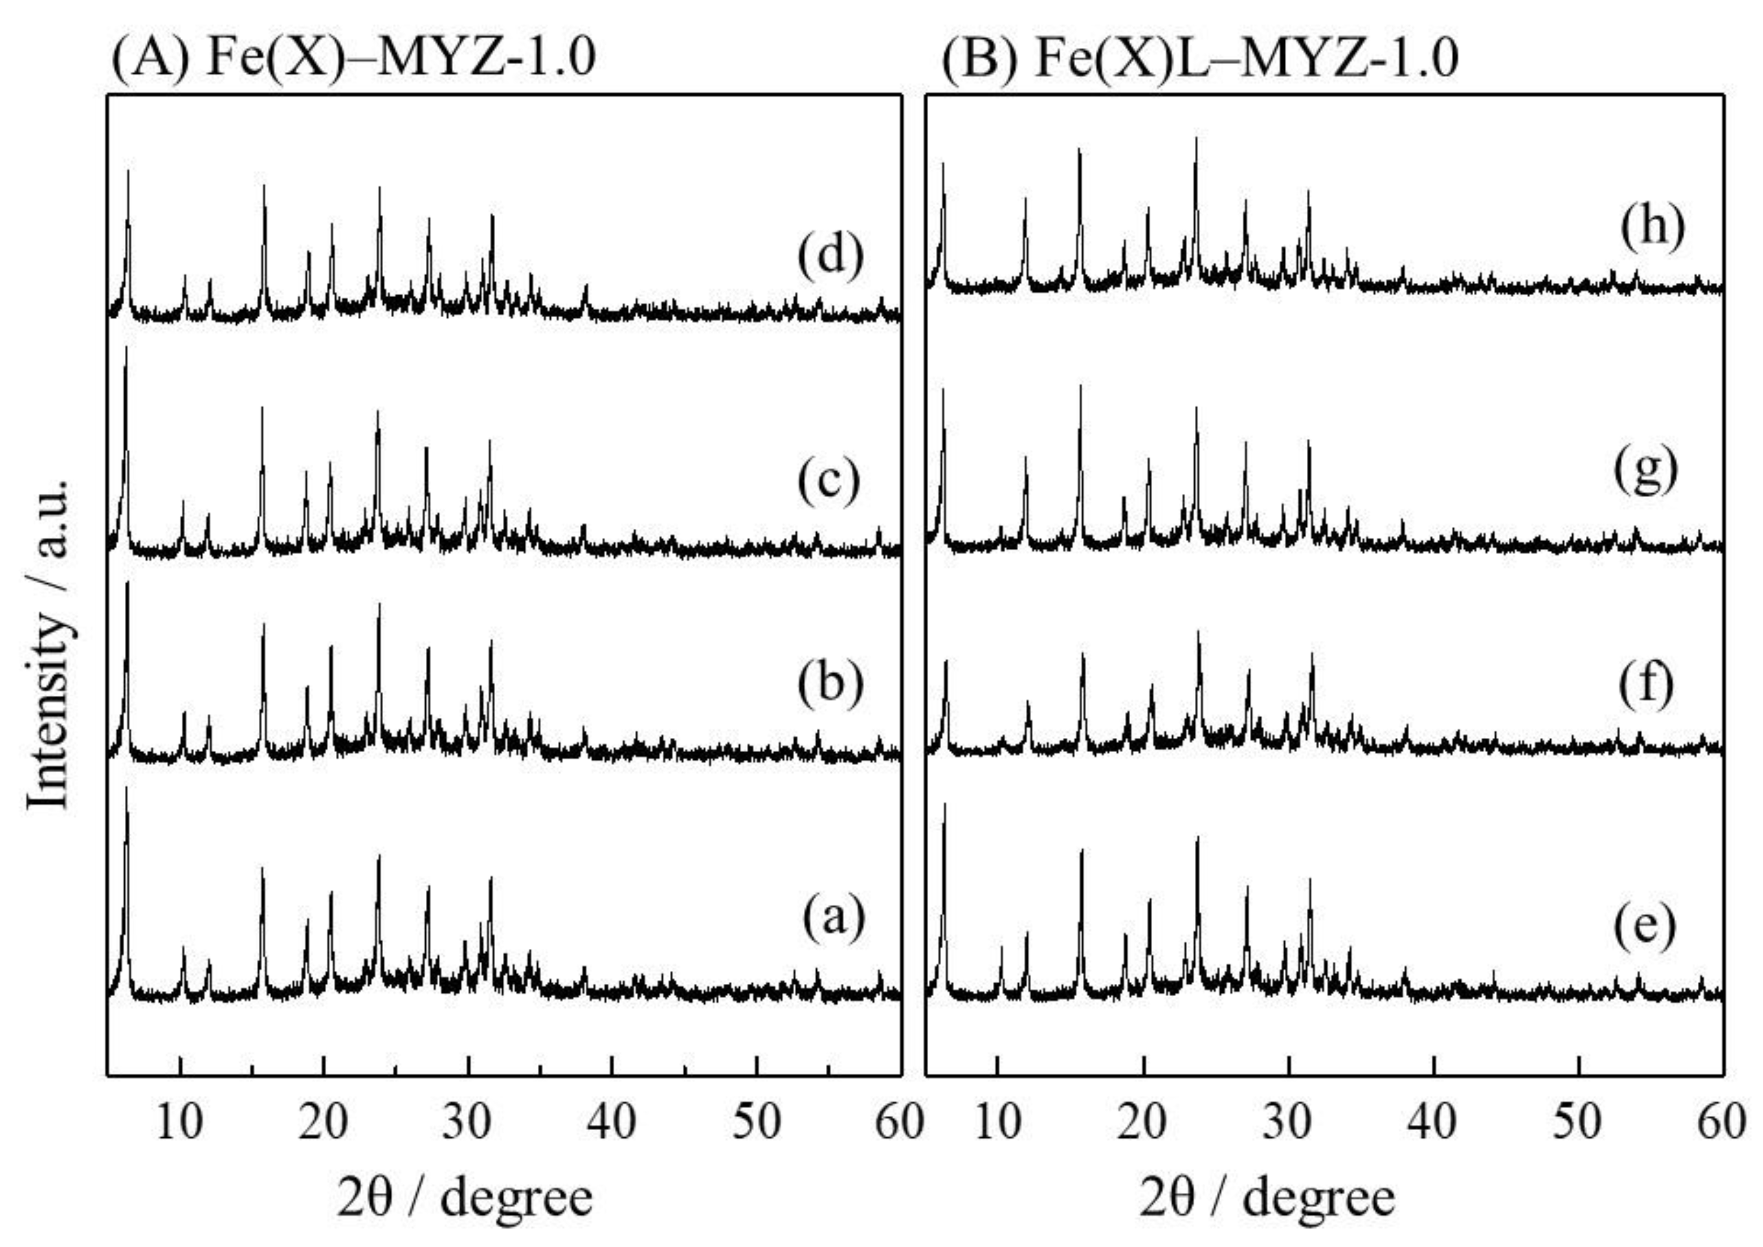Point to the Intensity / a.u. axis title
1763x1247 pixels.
pos(51,645)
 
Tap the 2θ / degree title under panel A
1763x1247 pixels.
pos(465,1198)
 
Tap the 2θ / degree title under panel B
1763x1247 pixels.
pos(1267,1198)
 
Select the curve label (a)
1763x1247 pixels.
pos(834,917)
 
